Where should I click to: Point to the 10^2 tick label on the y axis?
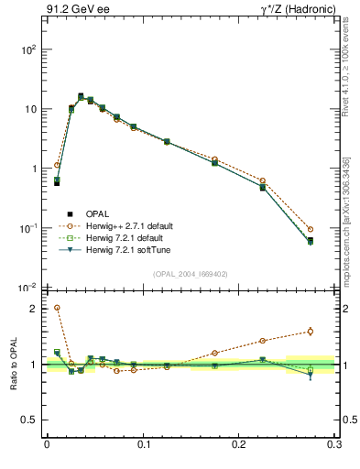29,49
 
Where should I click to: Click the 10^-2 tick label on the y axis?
29,288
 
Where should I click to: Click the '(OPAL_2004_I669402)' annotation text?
191,273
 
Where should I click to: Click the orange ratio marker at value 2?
57,309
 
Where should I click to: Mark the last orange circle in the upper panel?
310,229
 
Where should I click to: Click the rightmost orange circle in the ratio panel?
310,332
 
